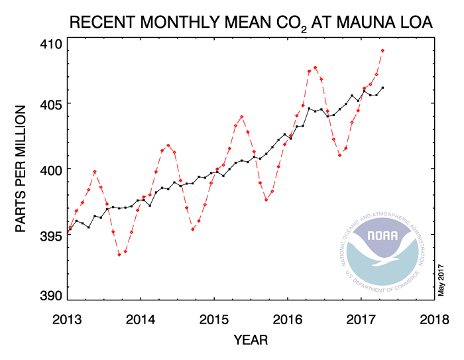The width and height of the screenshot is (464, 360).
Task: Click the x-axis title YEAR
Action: coord(252,340)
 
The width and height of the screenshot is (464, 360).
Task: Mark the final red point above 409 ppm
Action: coord(382,50)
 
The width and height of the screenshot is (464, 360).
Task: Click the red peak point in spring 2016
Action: coord(315,68)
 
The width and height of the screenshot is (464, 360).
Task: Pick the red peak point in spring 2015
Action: coord(241,117)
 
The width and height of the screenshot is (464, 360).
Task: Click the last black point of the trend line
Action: coord(382,88)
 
